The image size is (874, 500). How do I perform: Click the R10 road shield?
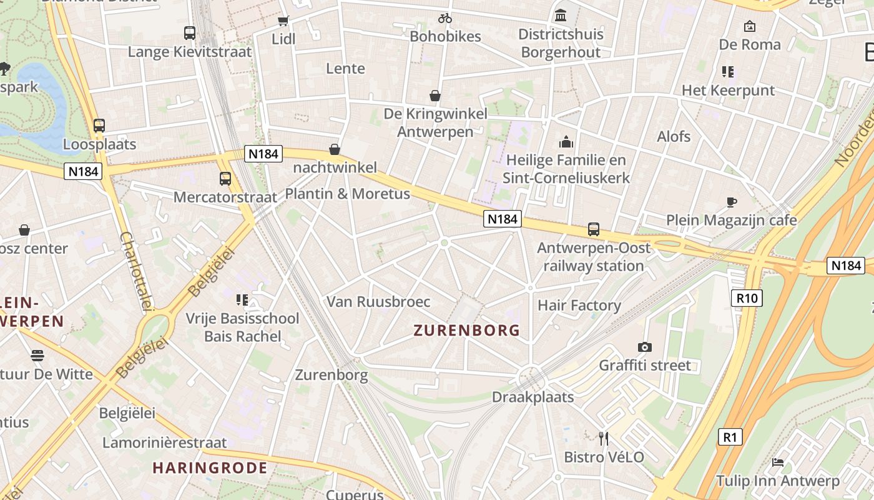(747, 298)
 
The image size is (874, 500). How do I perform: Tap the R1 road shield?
(730, 437)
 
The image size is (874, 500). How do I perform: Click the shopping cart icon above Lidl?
(283, 21)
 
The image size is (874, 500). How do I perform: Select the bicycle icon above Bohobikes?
(444, 18)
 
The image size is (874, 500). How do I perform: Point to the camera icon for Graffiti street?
(645, 347)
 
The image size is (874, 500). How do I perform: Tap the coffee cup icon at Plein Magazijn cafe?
(732, 202)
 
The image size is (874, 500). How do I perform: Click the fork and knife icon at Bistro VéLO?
(604, 438)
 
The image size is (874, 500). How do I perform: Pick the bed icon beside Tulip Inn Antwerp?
(778, 462)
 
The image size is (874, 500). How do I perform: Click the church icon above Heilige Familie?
(566, 142)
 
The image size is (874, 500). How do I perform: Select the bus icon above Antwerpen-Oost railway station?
(593, 229)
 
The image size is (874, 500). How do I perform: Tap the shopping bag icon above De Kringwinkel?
(435, 96)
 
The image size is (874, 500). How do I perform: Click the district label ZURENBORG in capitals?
(467, 331)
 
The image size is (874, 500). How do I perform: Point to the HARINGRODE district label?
(210, 467)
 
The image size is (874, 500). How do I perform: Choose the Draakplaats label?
(533, 397)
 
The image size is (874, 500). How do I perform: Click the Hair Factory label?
(579, 306)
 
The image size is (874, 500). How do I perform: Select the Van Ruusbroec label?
(378, 302)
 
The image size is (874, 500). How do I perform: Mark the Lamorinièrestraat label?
(165, 443)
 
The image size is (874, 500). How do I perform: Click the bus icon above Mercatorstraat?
(225, 179)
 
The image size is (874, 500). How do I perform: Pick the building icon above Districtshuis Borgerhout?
(561, 15)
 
